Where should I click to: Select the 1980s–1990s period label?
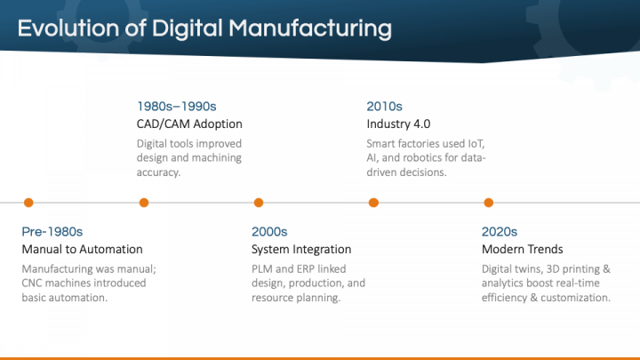[177, 105]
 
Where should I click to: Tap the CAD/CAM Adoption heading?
[189, 124]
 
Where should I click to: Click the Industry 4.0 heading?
[398, 124]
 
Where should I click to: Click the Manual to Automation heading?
[82, 249]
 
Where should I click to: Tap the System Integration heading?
[301, 249]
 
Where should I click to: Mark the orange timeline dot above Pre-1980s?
[28, 203]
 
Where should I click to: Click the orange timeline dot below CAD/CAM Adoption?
[144, 203]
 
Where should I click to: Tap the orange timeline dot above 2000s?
[259, 203]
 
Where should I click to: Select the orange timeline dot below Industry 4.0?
[373, 203]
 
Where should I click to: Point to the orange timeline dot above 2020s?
[488, 203]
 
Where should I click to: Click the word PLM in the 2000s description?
[264, 268]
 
